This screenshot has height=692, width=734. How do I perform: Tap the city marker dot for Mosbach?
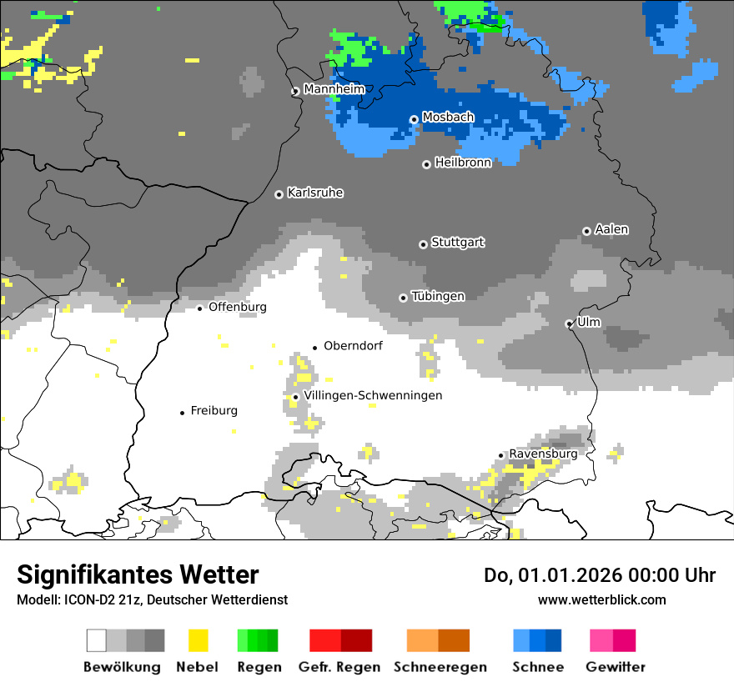point(414,119)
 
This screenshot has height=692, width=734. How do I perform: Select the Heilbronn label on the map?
point(463,163)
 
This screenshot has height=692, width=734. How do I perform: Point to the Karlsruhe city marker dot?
point(279,194)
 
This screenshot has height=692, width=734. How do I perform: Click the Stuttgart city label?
point(458,243)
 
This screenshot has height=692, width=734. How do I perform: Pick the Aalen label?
point(611,229)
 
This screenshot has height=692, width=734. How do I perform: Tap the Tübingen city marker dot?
point(404,298)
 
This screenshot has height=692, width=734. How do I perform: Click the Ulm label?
point(589,322)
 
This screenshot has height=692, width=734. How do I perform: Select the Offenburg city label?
point(238,307)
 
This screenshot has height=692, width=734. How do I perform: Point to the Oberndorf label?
point(353,346)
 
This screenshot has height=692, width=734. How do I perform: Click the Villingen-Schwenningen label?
point(373,395)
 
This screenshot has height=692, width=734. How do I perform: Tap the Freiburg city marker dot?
point(183,413)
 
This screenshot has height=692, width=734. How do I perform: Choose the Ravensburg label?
point(543,454)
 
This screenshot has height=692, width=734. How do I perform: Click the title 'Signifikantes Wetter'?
point(138,575)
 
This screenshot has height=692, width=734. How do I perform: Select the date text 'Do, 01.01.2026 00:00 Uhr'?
point(600,575)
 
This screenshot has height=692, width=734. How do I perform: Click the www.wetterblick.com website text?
point(602,599)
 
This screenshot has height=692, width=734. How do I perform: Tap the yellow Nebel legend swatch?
point(198,640)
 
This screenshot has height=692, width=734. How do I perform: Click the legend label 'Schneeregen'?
point(440,667)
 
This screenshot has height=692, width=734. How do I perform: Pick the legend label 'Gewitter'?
point(616,667)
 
